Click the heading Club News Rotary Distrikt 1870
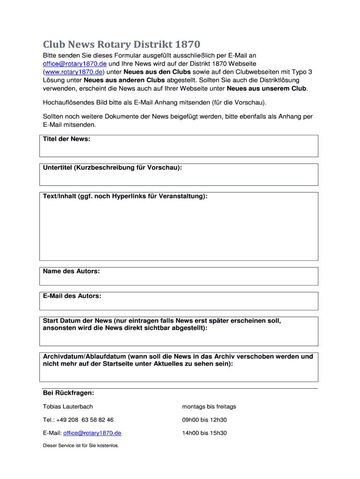click(122, 44)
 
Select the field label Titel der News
click(66, 139)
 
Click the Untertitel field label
click(112, 167)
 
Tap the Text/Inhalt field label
click(125, 196)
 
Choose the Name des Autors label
click(71, 271)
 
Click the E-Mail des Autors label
click(72, 296)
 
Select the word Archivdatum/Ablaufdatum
click(85, 356)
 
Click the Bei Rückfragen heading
click(68, 392)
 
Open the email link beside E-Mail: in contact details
click(92, 433)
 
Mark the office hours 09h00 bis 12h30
click(204, 420)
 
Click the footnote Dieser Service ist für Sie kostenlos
click(81, 445)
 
